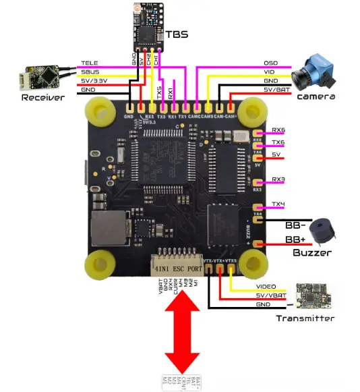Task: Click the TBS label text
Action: tap(177, 33)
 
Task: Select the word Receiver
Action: tap(42, 98)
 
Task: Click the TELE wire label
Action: tap(89, 63)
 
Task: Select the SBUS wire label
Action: tap(89, 72)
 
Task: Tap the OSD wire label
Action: tap(270, 63)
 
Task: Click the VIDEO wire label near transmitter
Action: tap(266, 286)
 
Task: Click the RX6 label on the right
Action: tap(278, 130)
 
